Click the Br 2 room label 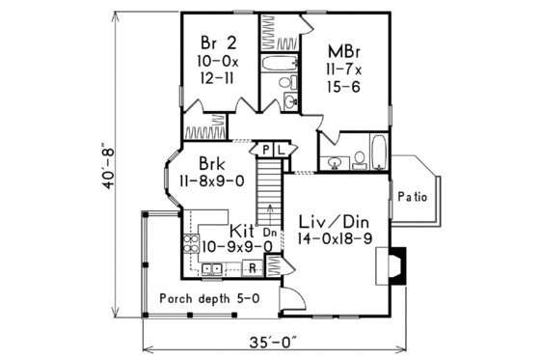(x=217, y=42)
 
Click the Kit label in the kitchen (x=243, y=232)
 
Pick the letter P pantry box (x=266, y=150)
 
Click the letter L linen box (x=281, y=150)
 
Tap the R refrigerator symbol (x=252, y=267)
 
